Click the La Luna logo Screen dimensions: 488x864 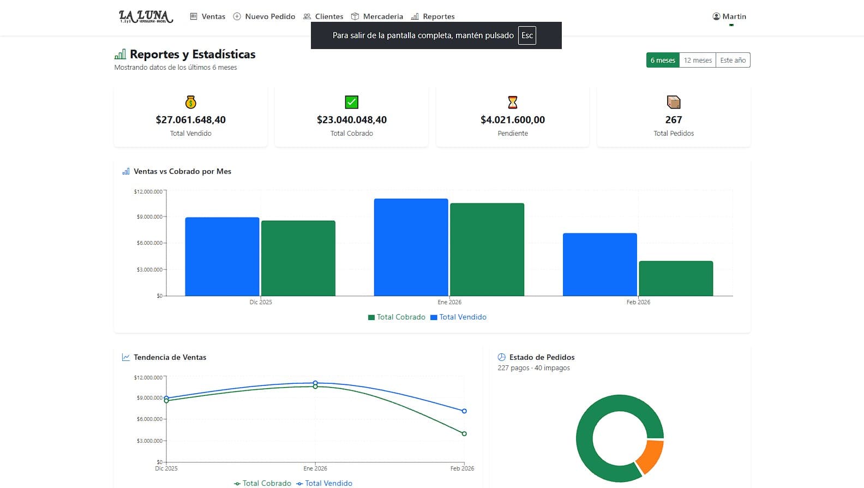[146, 16]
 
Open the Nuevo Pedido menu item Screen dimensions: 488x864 [264, 16]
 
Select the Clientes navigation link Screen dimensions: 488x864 [323, 16]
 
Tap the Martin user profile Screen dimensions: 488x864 [729, 16]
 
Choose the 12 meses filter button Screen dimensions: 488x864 [698, 60]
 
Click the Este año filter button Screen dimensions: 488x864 [733, 60]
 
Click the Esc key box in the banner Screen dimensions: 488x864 [527, 35]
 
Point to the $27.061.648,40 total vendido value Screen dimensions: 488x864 [190, 119]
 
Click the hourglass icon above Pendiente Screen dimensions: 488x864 [513, 102]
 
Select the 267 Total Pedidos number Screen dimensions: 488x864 [674, 119]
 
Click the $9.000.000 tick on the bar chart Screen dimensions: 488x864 [149, 217]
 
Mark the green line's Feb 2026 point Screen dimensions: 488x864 [464, 434]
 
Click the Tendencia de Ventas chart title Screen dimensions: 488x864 [170, 357]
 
